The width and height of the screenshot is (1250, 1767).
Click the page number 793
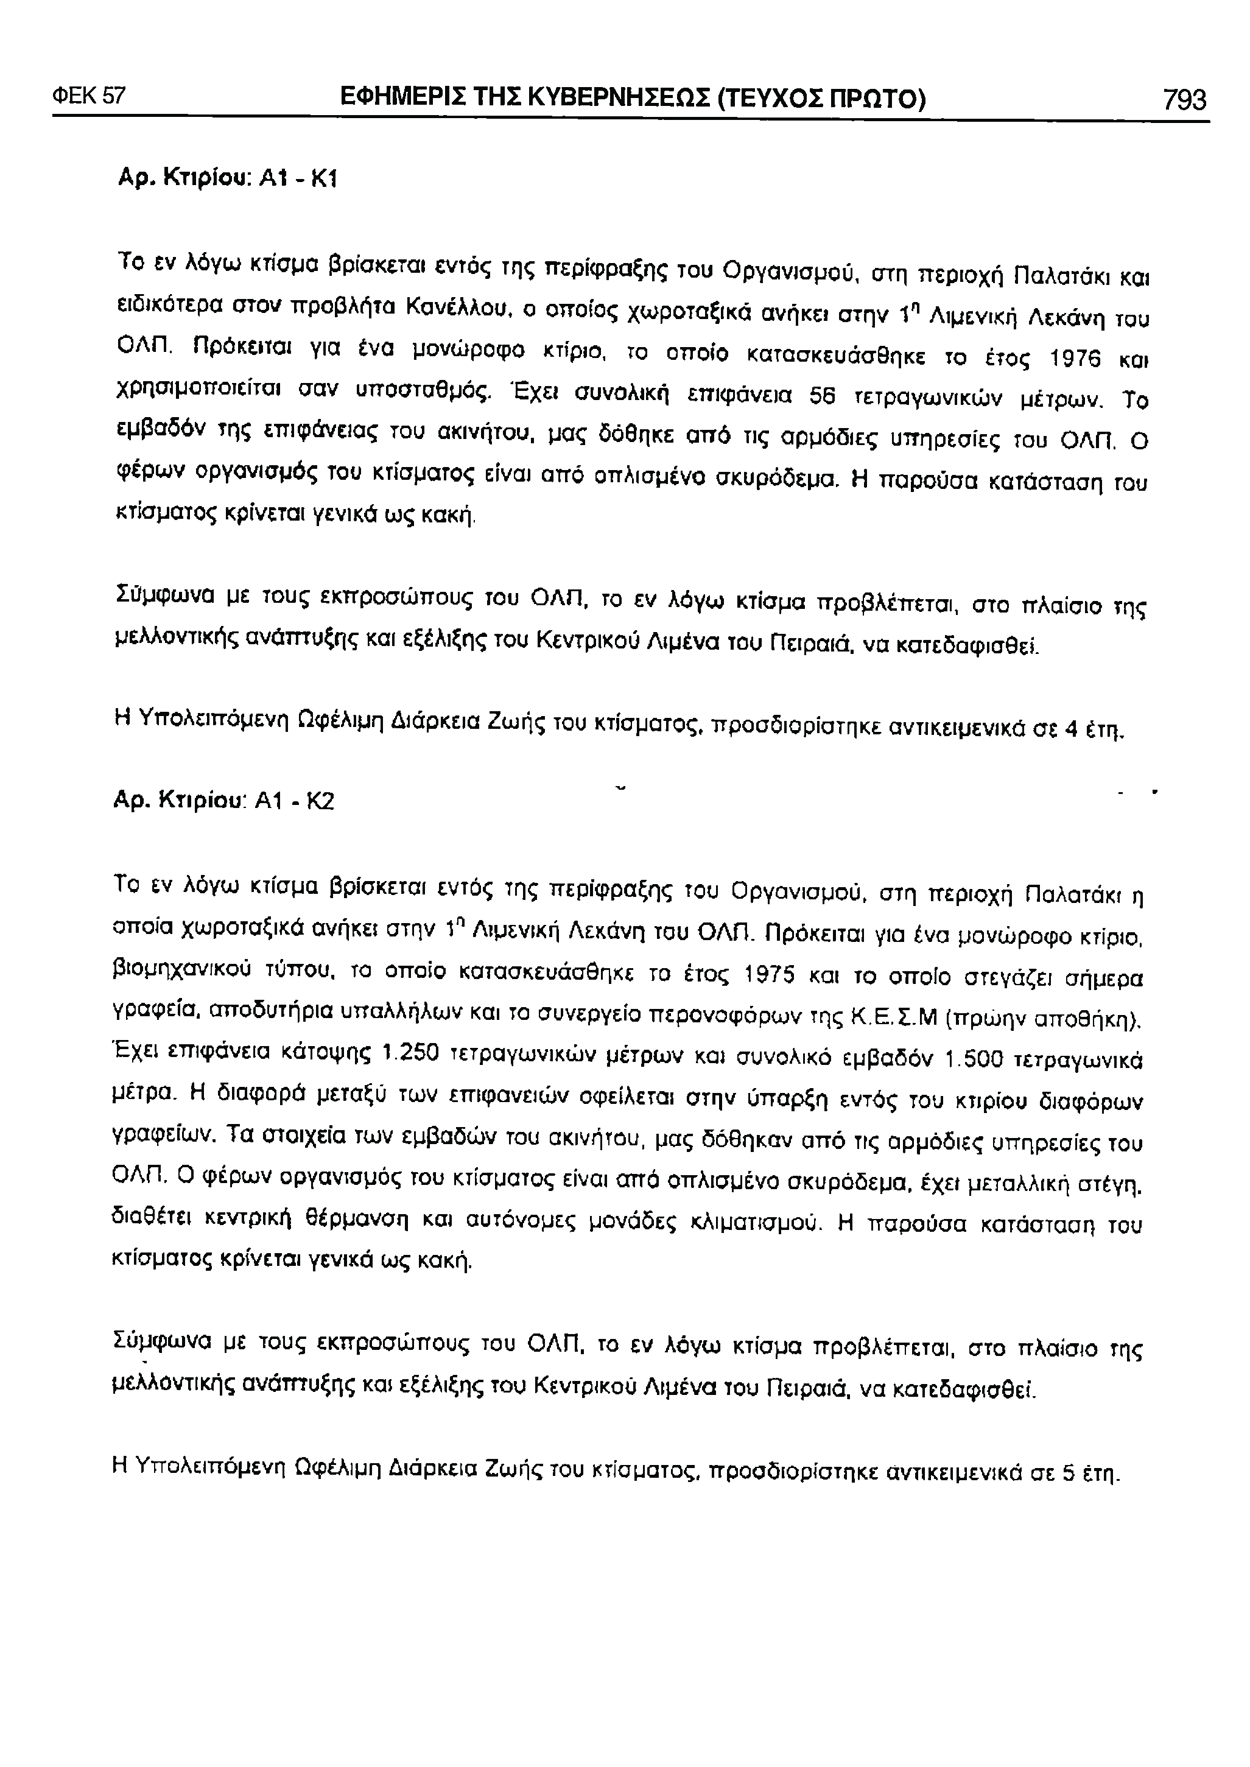click(1184, 100)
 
